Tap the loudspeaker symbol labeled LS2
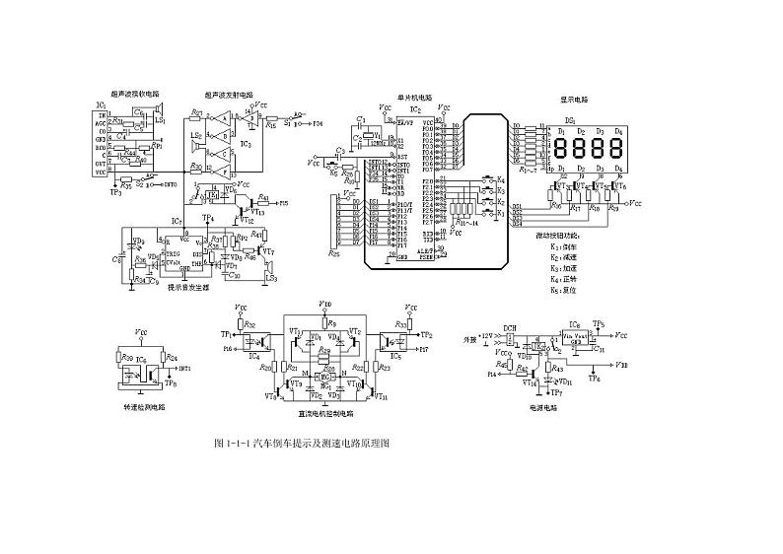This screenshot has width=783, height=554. click(198, 136)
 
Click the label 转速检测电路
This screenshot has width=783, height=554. click(144, 405)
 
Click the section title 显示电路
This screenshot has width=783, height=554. click(575, 100)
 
